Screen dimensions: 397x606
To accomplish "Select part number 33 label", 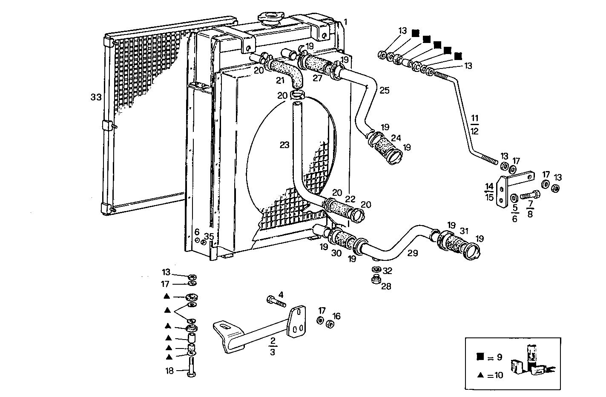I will [96, 97].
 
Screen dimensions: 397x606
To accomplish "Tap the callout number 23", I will [284, 145].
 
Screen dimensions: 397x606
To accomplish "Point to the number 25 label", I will [384, 90].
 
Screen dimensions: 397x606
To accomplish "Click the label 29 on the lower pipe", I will [412, 253].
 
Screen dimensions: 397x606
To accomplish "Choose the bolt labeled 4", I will [276, 302].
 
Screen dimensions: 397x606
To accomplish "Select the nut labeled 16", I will [329, 324].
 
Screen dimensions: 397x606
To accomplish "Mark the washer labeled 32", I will [376, 270].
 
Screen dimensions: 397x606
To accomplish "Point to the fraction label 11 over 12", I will [475, 123].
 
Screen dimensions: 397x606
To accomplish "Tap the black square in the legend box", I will [480, 357].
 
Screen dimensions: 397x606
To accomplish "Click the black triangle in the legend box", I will [480, 375].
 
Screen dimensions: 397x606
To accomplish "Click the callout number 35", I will [209, 237].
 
